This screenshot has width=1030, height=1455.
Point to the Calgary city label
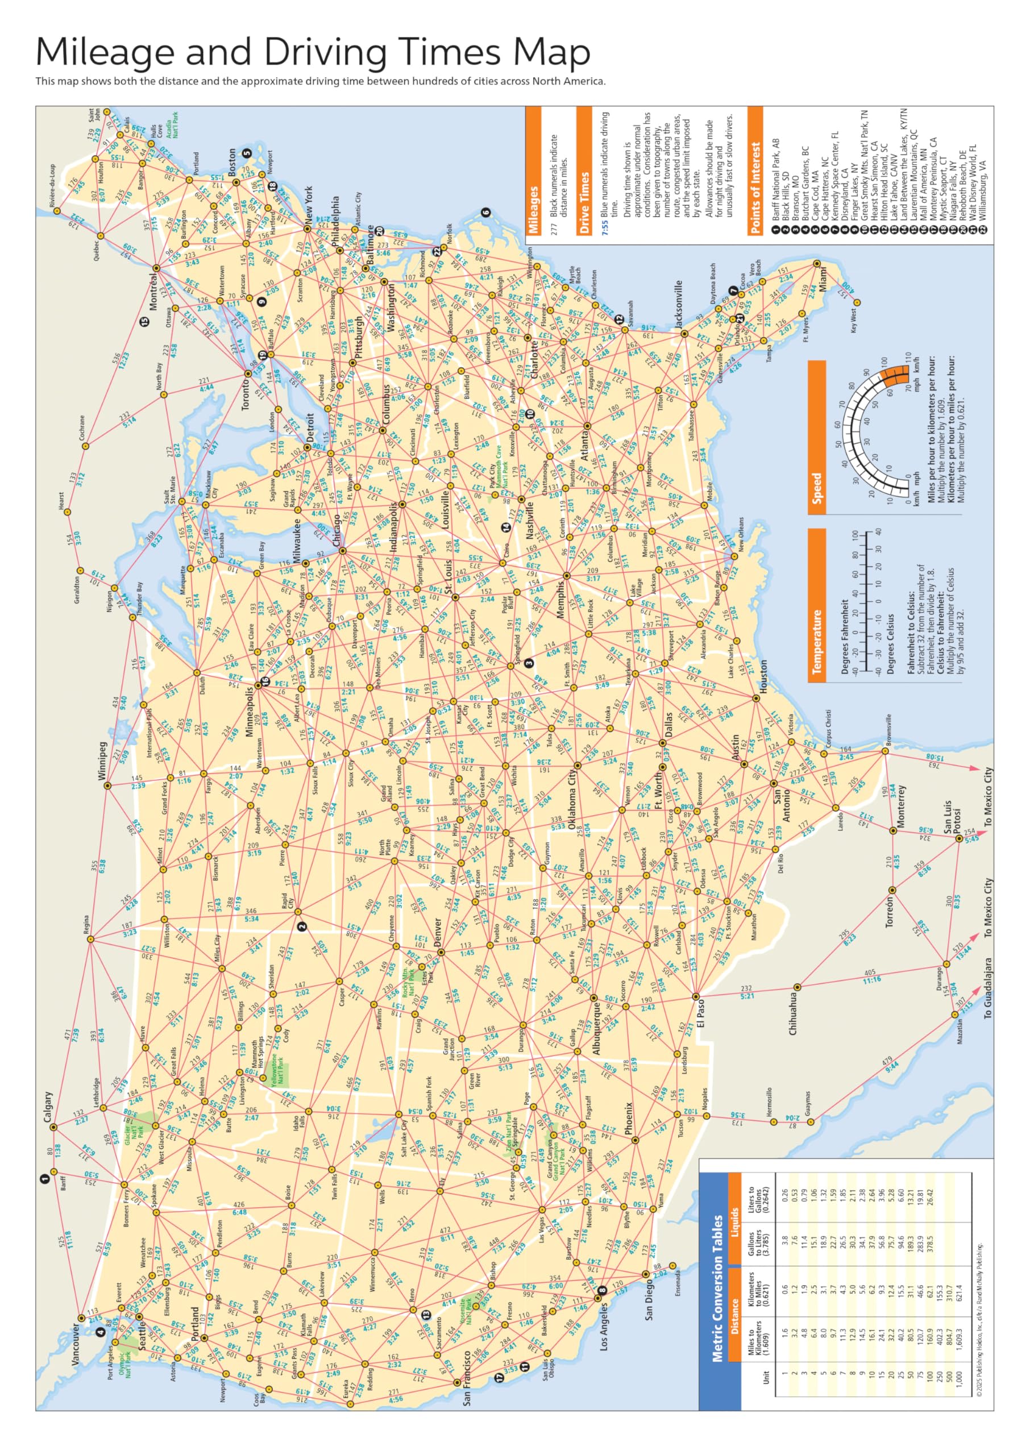(x=49, y=1106)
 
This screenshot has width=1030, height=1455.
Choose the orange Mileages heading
(x=533, y=210)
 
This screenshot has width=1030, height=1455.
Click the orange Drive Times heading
(x=584, y=202)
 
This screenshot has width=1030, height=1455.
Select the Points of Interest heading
(x=755, y=188)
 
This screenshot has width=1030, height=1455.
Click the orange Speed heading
(x=817, y=488)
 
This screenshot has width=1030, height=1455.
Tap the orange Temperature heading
(x=817, y=642)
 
